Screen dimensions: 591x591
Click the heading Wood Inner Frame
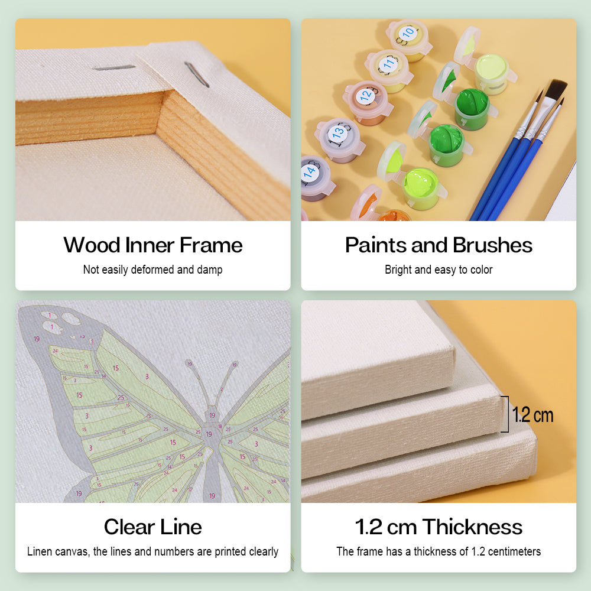(x=153, y=245)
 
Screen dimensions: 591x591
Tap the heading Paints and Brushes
(x=439, y=245)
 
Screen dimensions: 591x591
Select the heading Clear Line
(x=153, y=527)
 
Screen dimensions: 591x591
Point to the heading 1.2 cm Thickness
(x=439, y=527)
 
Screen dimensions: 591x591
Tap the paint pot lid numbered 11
(x=388, y=63)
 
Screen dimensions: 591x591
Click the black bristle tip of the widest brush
(x=556, y=90)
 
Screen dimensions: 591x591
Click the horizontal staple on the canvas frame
(x=115, y=68)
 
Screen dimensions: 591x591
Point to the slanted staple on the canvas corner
(x=196, y=74)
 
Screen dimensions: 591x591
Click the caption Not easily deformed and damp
(x=153, y=270)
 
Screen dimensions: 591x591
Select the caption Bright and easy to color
(x=439, y=270)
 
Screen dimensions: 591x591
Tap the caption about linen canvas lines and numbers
(x=153, y=551)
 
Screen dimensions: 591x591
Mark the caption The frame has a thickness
(x=439, y=551)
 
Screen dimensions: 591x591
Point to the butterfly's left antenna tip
(x=189, y=363)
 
